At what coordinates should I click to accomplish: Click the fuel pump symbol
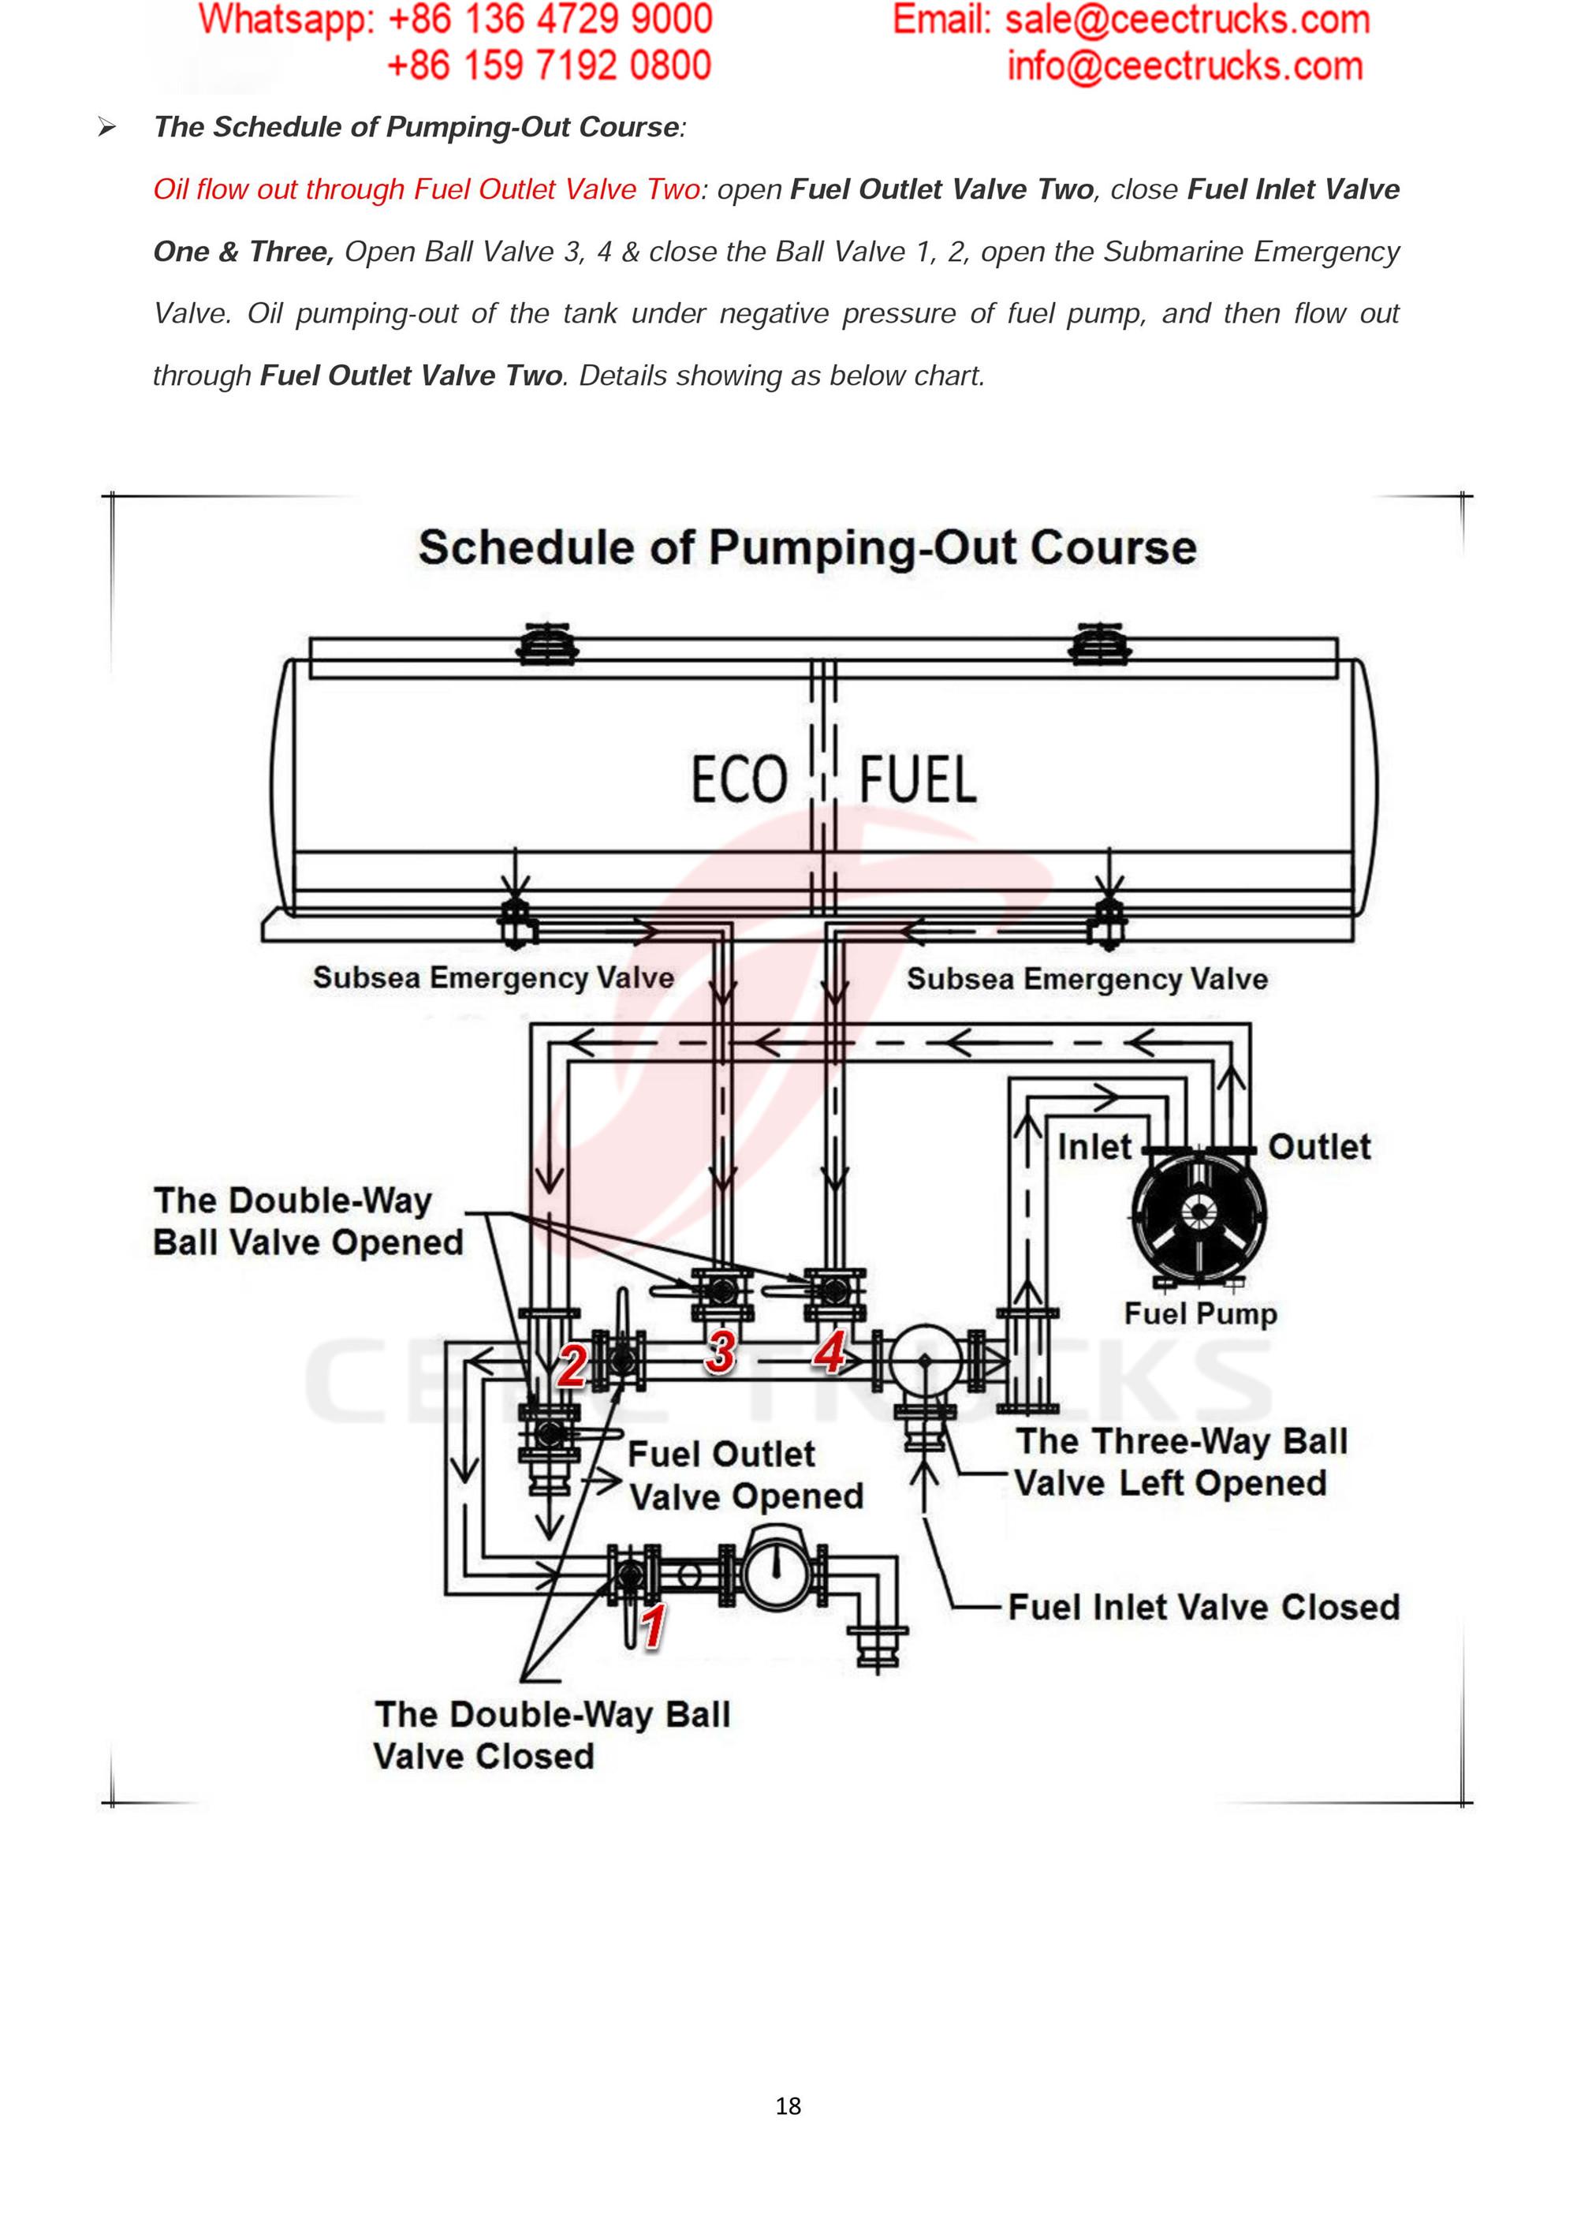coord(1199,1213)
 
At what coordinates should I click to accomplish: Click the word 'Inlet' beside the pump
coord(1094,1147)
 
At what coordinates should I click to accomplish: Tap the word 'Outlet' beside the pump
coord(1318,1147)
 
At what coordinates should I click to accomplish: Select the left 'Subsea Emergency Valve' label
coord(494,977)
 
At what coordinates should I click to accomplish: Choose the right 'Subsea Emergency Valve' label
coord(1087,979)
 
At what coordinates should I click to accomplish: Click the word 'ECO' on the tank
coord(739,781)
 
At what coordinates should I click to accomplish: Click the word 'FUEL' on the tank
coord(918,781)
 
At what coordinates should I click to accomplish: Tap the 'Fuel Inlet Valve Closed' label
coord(1204,1607)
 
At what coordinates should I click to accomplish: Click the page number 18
coord(788,2105)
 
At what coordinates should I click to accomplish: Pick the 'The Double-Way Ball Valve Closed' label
coord(552,1735)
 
